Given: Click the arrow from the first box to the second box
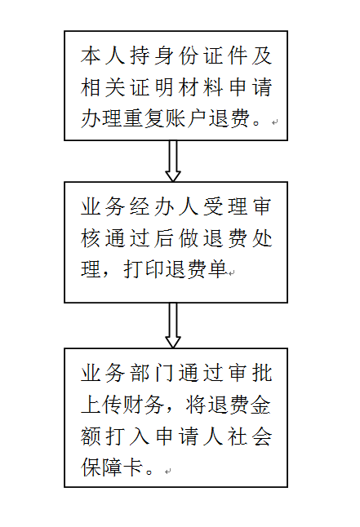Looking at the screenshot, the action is [173, 161].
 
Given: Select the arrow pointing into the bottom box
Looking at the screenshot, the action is [173, 325].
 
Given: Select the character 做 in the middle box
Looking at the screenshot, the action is [189, 238].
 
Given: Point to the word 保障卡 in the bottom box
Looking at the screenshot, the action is [112, 467].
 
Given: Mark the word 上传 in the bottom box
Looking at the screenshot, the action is [101, 405].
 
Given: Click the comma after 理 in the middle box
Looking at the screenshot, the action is [105, 275].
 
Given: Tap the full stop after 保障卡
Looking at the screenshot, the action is [149, 472].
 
